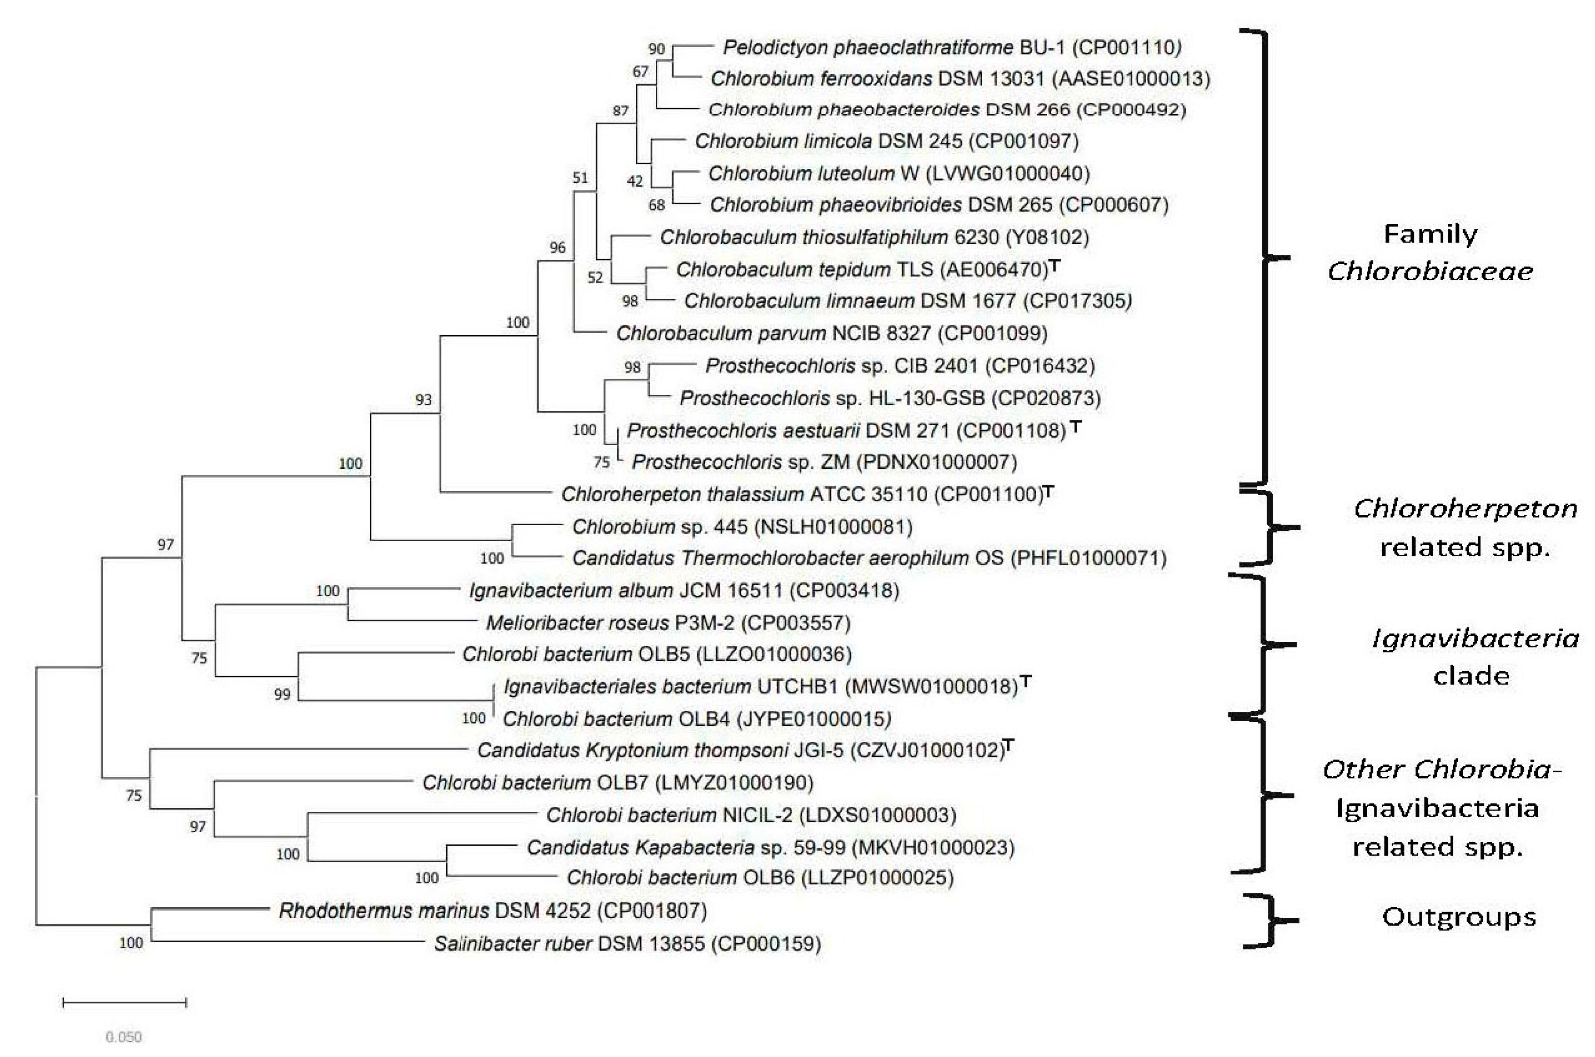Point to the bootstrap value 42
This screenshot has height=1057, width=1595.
click(x=635, y=181)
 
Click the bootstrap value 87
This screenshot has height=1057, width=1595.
click(x=620, y=111)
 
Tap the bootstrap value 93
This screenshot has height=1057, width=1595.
click(x=423, y=400)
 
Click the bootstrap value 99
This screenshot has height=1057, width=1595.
click(x=282, y=694)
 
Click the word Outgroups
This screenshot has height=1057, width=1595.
click(x=1459, y=917)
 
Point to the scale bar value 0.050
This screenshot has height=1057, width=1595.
click(x=124, y=1037)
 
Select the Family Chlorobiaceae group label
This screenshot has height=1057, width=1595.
click(x=1430, y=253)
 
